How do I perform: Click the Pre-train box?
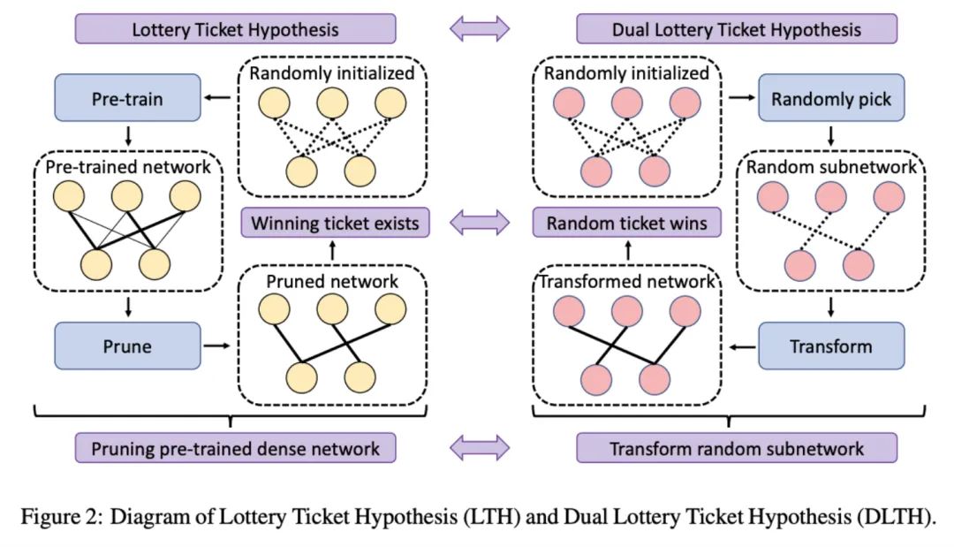click(x=127, y=98)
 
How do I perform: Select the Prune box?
click(x=127, y=346)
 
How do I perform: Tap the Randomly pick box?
click(x=831, y=99)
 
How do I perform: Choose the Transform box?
click(x=831, y=346)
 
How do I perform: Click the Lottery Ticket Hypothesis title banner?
click(x=235, y=29)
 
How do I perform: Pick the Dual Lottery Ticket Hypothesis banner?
click(x=736, y=29)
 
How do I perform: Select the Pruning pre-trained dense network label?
click(x=235, y=447)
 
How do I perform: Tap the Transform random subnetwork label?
click(x=736, y=447)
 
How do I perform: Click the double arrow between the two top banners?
click(x=480, y=29)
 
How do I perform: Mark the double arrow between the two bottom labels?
click(x=480, y=447)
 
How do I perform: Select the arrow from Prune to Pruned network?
click(x=217, y=346)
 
